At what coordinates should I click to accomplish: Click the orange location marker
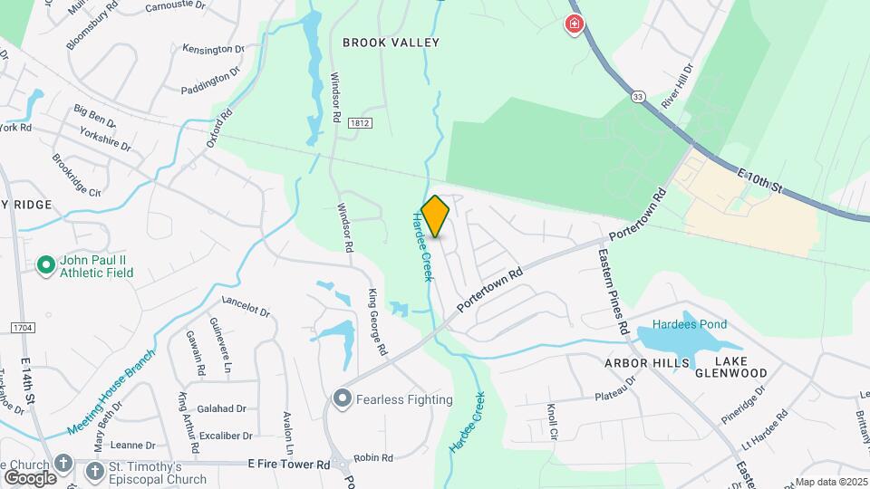pyautogui.click(x=435, y=216)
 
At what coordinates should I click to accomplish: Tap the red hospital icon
pyautogui.click(x=574, y=24)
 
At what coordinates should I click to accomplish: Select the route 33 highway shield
pyautogui.click(x=638, y=97)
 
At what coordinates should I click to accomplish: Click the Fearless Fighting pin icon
pyautogui.click(x=342, y=398)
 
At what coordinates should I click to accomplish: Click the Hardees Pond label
pyautogui.click(x=690, y=325)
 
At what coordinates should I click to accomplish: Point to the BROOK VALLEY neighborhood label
pyautogui.click(x=391, y=43)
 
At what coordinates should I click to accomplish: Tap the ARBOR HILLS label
pyautogui.click(x=642, y=361)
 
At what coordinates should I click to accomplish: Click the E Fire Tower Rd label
pyautogui.click(x=288, y=464)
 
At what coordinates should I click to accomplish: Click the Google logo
pyautogui.click(x=30, y=477)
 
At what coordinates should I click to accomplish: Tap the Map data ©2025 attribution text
pyautogui.click(x=829, y=482)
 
